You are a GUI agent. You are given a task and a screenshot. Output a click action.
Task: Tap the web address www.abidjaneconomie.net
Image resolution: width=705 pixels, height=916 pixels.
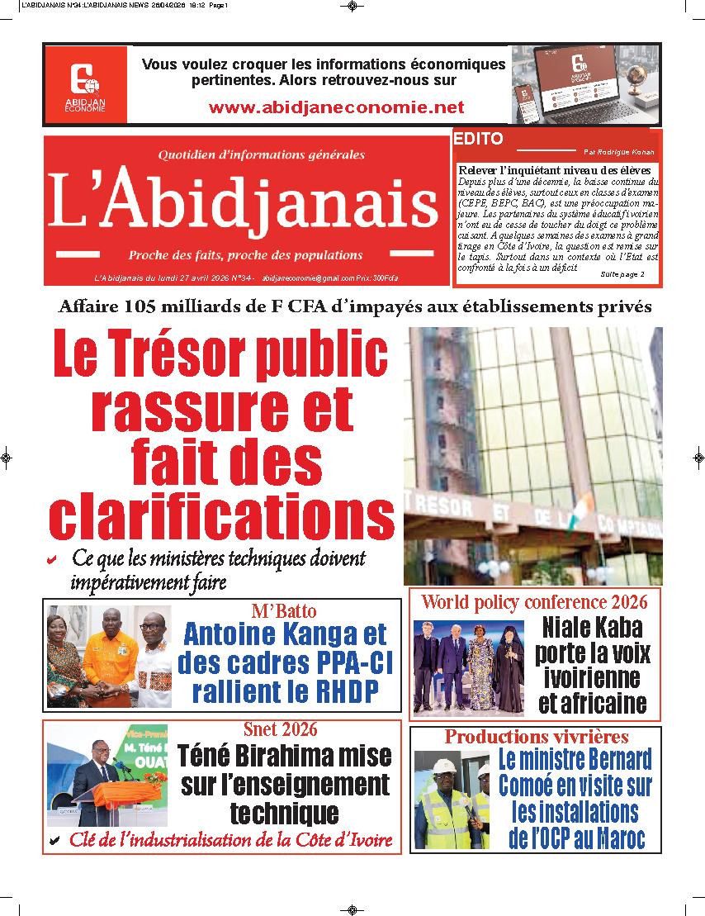pyautogui.click(x=336, y=107)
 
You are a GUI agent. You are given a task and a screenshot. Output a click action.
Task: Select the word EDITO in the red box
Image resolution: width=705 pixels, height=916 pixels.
pyautogui.click(x=478, y=140)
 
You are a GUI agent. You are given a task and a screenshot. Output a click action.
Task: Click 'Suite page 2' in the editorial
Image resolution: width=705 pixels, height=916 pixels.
pyautogui.click(x=622, y=273)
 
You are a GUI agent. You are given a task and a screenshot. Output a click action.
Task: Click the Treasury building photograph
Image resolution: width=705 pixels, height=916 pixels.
pyautogui.click(x=532, y=455)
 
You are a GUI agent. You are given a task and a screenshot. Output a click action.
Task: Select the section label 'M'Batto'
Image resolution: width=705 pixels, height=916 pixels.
pyautogui.click(x=283, y=611)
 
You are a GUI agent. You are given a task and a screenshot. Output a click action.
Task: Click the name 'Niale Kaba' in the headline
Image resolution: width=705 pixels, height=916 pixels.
pyautogui.click(x=592, y=628)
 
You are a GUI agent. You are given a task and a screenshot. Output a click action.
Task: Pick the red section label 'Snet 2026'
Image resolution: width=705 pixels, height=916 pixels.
pyautogui.click(x=281, y=729)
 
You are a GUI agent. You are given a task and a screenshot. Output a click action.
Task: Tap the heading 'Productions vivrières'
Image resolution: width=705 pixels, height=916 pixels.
pyautogui.click(x=537, y=737)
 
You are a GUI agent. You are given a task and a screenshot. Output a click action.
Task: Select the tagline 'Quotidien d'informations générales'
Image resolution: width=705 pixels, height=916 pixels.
pyautogui.click(x=260, y=154)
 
